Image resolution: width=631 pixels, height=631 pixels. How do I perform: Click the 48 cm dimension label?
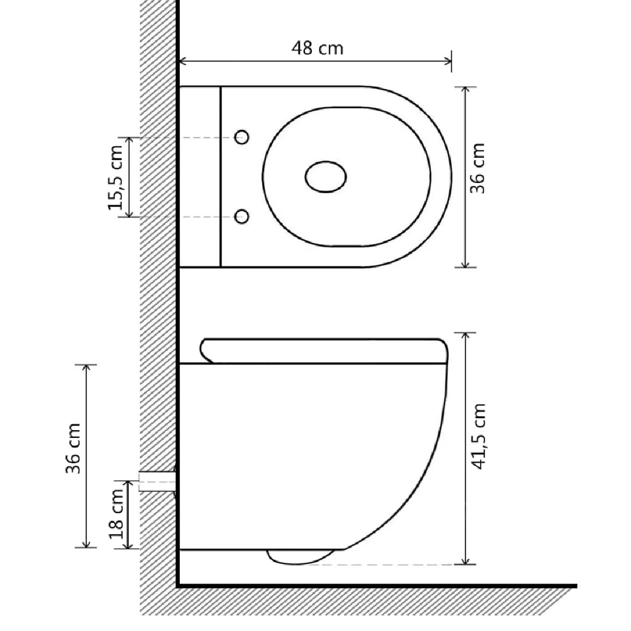[317, 48]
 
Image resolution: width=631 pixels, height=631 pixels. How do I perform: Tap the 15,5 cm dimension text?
[116, 177]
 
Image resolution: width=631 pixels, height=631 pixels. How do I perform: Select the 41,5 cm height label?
[477, 436]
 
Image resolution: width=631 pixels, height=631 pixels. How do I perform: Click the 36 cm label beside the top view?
[477, 168]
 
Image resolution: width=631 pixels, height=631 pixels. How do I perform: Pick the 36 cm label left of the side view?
[73, 449]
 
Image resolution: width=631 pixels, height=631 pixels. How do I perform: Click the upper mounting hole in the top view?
[242, 137]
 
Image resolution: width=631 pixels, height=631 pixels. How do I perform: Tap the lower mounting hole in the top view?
[242, 217]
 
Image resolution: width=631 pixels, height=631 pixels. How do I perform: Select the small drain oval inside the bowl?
[325, 177]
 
